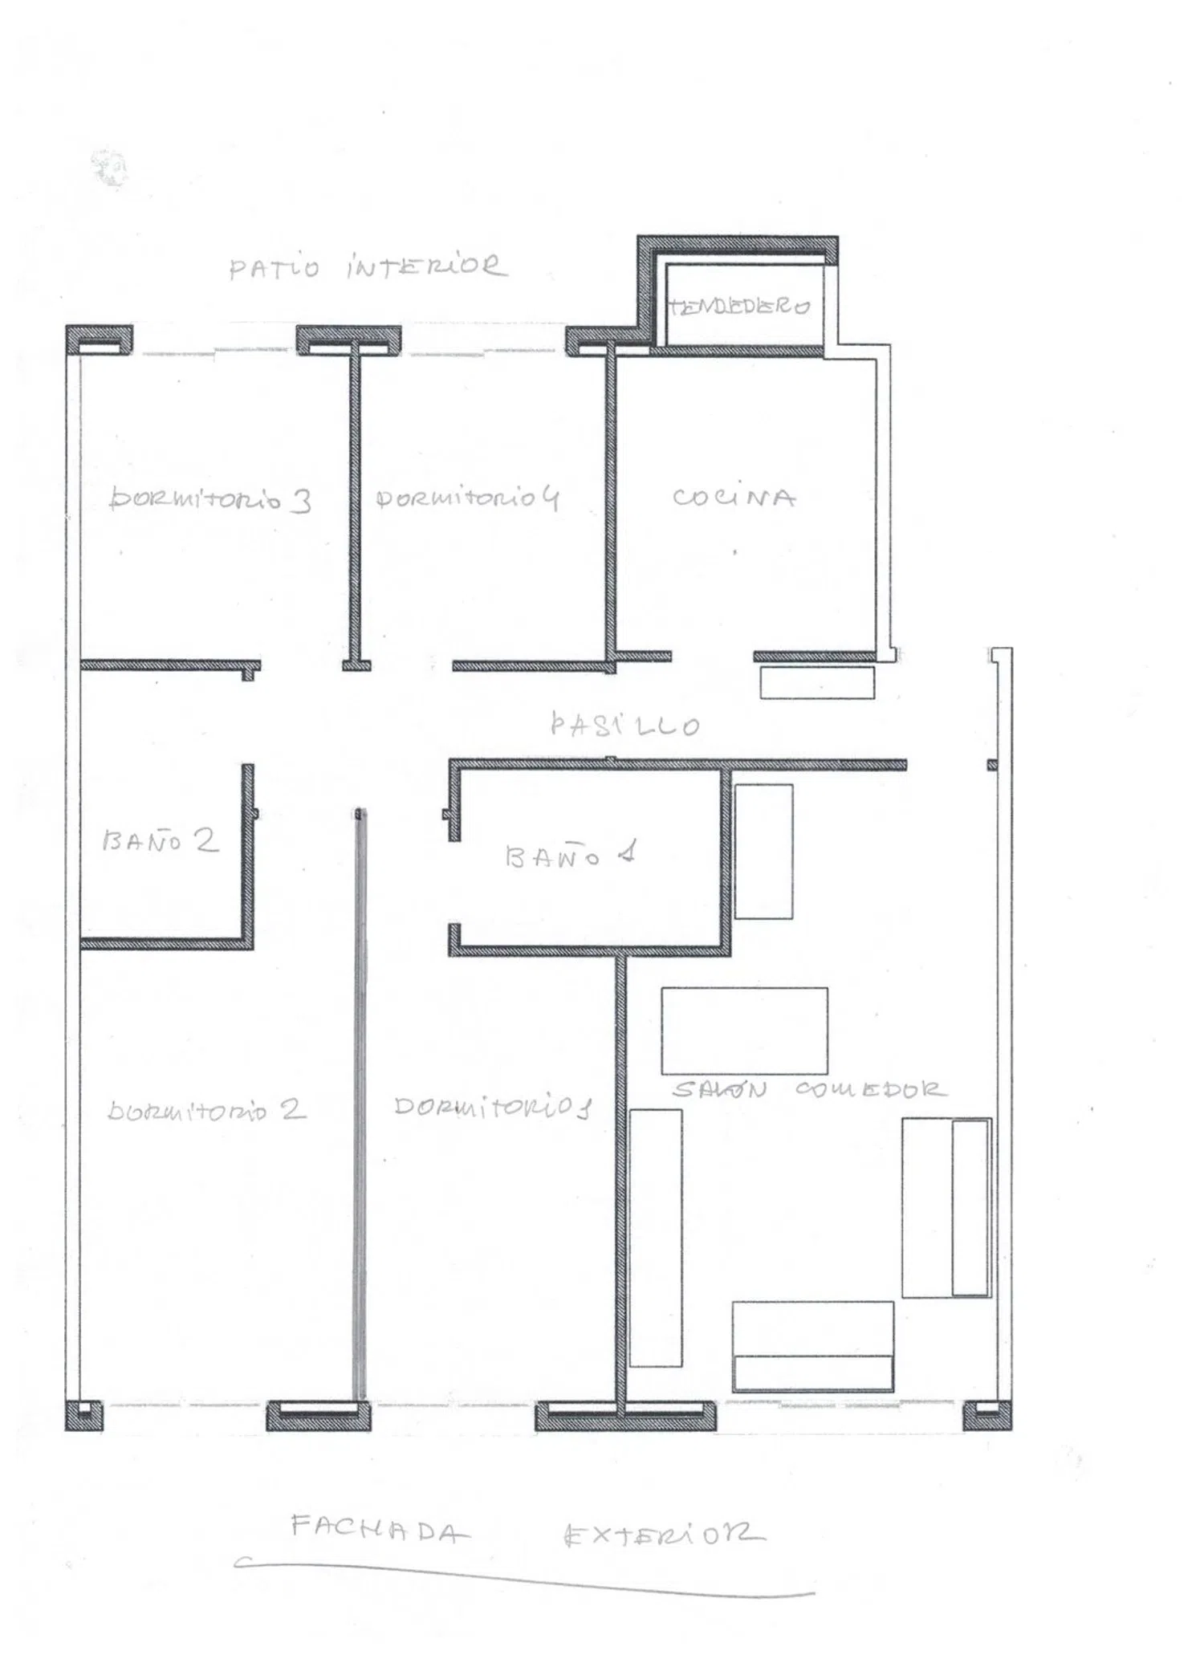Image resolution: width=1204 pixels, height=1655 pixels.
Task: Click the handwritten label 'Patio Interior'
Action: [368, 266]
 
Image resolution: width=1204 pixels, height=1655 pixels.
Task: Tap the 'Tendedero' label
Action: [739, 306]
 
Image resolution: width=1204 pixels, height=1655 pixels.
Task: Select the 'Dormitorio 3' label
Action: [210, 499]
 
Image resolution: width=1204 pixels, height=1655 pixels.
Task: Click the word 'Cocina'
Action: [734, 498]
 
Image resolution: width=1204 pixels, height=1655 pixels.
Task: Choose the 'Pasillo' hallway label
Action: [625, 725]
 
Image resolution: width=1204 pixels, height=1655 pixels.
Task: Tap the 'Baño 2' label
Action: [161, 840]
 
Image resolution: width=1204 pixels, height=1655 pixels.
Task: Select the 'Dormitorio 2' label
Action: [207, 1110]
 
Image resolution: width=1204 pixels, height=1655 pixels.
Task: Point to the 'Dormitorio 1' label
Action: [493, 1108]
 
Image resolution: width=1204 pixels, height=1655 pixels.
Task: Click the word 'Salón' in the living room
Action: [719, 1089]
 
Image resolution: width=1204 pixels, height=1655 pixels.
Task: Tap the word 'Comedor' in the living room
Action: [871, 1089]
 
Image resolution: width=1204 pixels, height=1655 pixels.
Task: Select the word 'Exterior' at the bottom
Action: [664, 1535]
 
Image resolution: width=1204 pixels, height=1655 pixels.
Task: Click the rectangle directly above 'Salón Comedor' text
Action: [744, 1031]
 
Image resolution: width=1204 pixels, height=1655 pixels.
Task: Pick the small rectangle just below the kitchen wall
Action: [817, 682]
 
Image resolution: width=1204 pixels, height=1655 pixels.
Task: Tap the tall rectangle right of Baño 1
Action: [763, 852]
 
